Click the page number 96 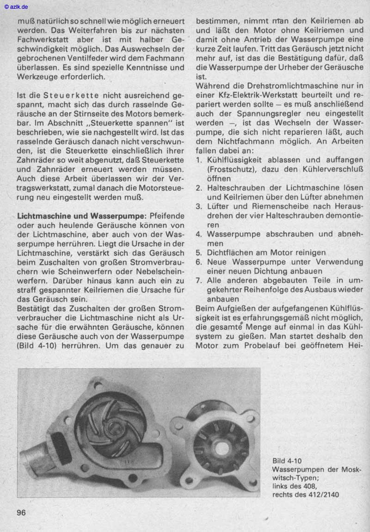21,513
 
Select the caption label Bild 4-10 287,461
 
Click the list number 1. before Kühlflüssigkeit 199,160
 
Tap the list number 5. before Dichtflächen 199,253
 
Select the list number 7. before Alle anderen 199,280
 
